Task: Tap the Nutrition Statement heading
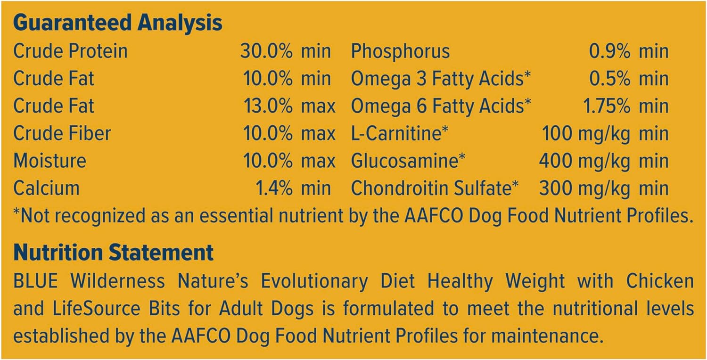click(113, 253)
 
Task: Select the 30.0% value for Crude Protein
click(266, 51)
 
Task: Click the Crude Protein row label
click(70, 51)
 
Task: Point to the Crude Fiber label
click(62, 133)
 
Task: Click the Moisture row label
click(50, 161)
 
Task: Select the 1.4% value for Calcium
click(274, 188)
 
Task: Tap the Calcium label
click(46, 188)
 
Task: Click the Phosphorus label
click(400, 51)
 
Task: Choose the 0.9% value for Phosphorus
click(610, 51)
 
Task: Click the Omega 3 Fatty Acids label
click(441, 79)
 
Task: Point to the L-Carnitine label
click(400, 133)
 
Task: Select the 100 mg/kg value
click(586, 134)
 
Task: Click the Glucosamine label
click(408, 161)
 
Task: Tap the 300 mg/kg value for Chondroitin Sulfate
click(584, 188)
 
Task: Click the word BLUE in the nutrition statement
click(36, 280)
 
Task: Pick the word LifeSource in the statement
click(96, 308)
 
